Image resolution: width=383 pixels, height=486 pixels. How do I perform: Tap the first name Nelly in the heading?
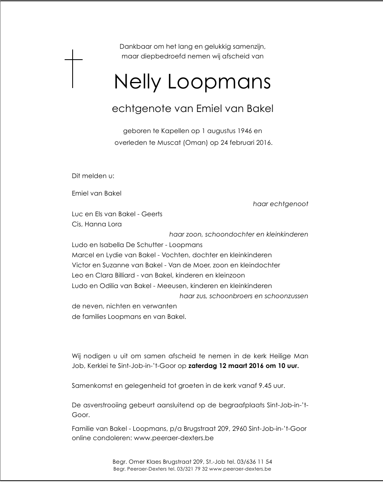(138, 82)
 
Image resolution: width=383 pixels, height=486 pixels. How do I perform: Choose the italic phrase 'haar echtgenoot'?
(280, 204)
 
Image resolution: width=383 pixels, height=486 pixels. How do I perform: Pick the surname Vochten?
(176, 255)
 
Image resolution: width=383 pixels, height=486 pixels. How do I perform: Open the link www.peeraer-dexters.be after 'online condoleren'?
(173, 438)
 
